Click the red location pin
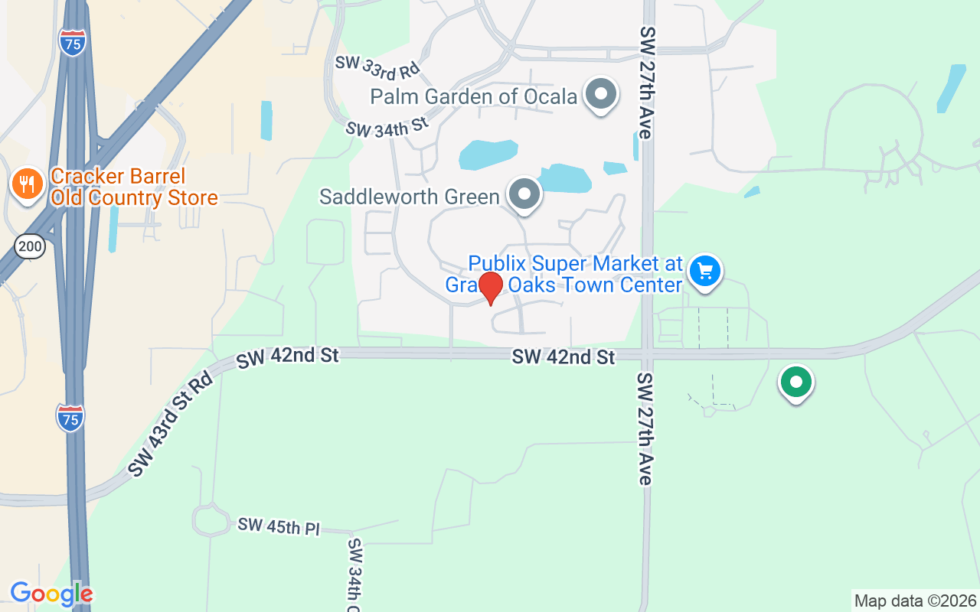pos(490,288)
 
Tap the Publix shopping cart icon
pos(705,271)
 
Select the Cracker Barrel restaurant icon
pos(27,184)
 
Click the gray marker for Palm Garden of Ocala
pos(601,95)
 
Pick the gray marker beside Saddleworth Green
pos(524,194)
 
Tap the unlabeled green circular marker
pos(796,381)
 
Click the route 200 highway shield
pos(30,246)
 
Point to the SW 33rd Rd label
pos(378,67)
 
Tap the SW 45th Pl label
pos(278,526)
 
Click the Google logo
pos(51,594)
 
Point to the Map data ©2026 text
pos(915,601)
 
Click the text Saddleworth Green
pos(410,197)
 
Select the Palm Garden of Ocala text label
pos(473,97)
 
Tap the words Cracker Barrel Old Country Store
pos(134,187)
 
